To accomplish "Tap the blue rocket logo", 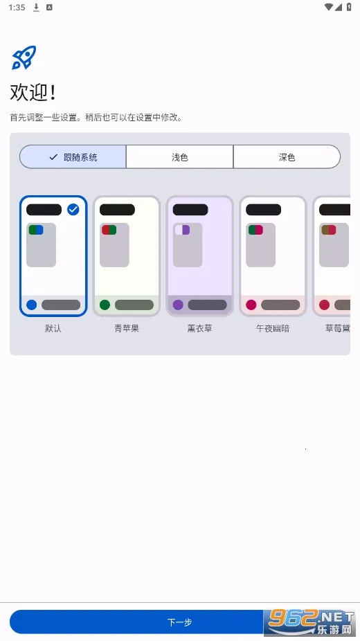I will click(x=24, y=57).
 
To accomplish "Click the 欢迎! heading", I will click(x=33, y=93).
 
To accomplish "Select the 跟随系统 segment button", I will click(x=73, y=157).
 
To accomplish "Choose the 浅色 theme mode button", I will click(x=180, y=157).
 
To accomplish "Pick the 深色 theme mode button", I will click(x=287, y=157).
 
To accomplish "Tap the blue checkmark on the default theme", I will click(x=73, y=210).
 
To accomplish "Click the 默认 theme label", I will click(x=53, y=329).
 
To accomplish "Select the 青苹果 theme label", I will click(x=127, y=329).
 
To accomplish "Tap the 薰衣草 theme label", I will click(x=199, y=329).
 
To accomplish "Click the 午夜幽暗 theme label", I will click(x=273, y=329).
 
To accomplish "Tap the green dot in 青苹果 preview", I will click(x=105, y=305).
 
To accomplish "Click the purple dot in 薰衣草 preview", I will click(x=178, y=305).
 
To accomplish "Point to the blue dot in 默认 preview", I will click(x=31, y=305).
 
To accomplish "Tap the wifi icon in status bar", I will click(x=328, y=7).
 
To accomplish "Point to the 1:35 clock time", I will click(x=18, y=7).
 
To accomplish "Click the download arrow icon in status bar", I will click(x=36, y=7).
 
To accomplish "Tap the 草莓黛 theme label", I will click(x=338, y=329).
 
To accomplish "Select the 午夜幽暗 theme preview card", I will click(x=273, y=256).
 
